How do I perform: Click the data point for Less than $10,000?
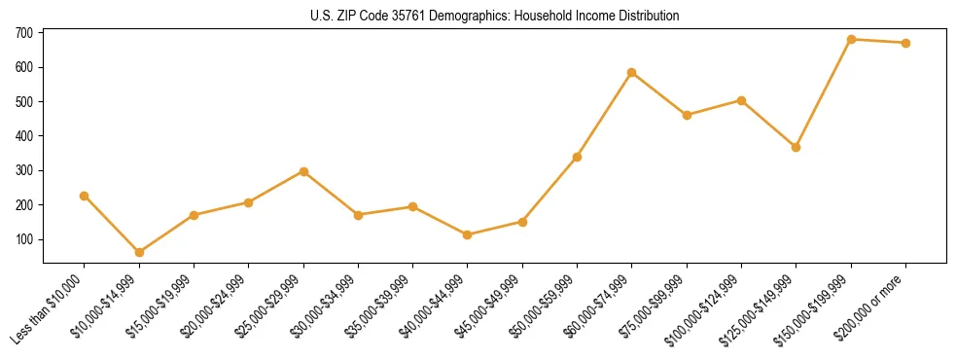pos(85,196)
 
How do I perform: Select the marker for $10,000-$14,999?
pos(139,252)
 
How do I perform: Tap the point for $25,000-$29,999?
pos(303,171)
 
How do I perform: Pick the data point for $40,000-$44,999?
pos(468,234)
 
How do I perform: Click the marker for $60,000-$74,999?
pos(632,72)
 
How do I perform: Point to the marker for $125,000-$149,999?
pos(796,147)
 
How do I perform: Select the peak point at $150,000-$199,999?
pos(851,39)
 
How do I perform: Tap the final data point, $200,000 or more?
pos(905,43)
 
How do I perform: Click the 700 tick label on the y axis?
pos(24,33)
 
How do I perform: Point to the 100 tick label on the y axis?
pos(24,239)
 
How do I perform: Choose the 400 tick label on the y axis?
pos(24,136)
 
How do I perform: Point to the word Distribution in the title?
pos(652,17)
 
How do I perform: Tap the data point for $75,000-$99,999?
pos(687,115)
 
